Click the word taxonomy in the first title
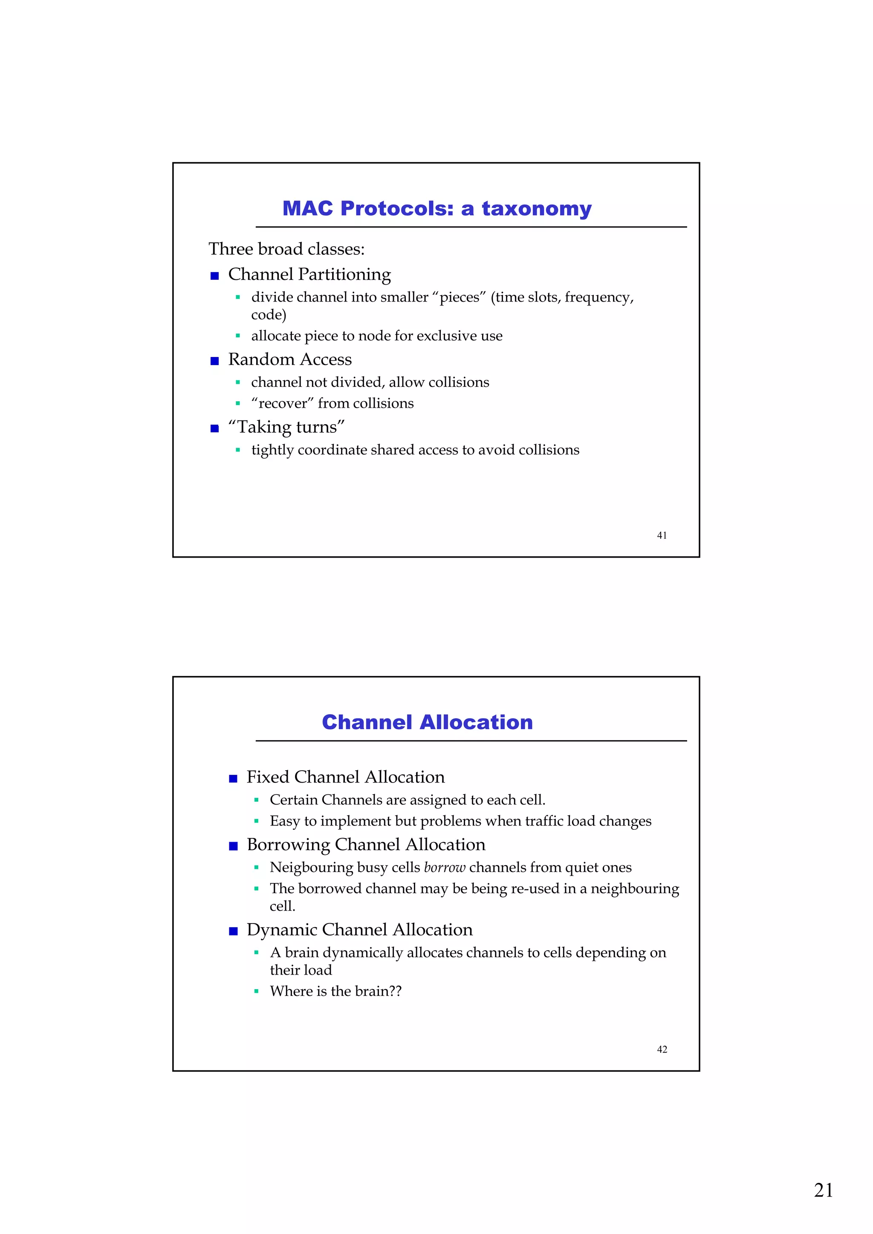(x=536, y=209)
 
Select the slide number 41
(x=662, y=535)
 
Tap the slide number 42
(x=662, y=1049)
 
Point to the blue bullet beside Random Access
(x=214, y=361)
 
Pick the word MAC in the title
(x=308, y=209)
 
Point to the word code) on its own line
(x=269, y=315)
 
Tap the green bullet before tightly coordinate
(x=238, y=450)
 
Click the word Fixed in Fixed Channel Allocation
(x=268, y=777)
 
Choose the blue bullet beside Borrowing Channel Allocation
(x=233, y=846)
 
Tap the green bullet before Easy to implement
(x=257, y=821)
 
